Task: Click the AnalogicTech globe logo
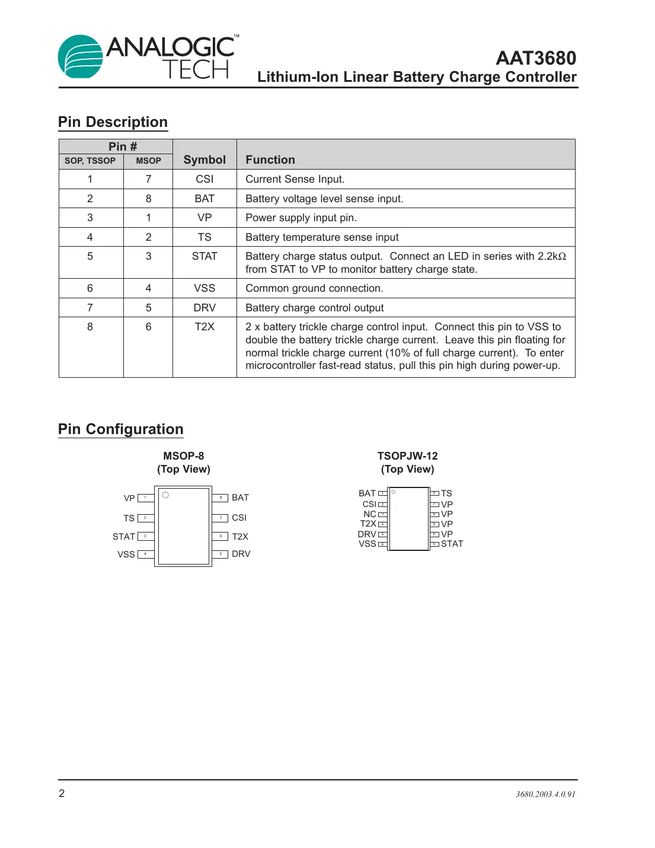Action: [x=81, y=56]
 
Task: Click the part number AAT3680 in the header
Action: [x=535, y=58]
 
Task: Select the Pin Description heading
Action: [x=113, y=122]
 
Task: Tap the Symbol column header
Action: [x=205, y=160]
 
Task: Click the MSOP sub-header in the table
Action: [x=148, y=161]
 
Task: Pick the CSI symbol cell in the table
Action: [x=205, y=179]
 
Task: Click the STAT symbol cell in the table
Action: [x=205, y=256]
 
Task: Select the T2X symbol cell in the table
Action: [x=205, y=327]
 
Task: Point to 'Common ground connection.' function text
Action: [x=314, y=288]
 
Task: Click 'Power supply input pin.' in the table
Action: [x=301, y=218]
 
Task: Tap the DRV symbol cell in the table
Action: [x=205, y=308]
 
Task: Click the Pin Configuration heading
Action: [x=121, y=429]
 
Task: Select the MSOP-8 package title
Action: [x=183, y=456]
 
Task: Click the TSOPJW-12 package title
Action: [x=407, y=456]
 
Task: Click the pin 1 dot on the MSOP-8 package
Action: [x=165, y=495]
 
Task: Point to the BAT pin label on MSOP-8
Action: [x=240, y=498]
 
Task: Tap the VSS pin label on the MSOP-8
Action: [x=126, y=554]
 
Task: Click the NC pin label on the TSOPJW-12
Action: [x=370, y=514]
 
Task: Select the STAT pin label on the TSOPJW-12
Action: [x=452, y=544]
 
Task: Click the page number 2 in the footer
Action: [x=62, y=793]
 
